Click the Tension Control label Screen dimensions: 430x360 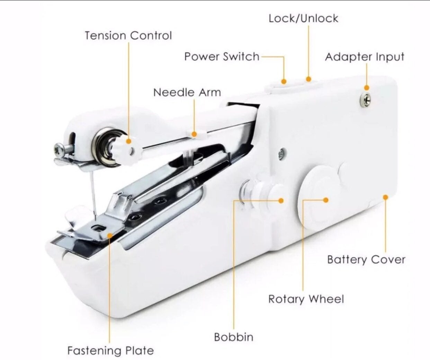pyautogui.click(x=128, y=35)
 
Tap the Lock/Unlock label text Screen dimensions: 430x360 pyautogui.click(x=303, y=18)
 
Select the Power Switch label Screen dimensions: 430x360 pyautogui.click(x=222, y=56)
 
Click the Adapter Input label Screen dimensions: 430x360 pyautogui.click(x=365, y=57)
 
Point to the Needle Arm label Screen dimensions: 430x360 pyautogui.click(x=187, y=92)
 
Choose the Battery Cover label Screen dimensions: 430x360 pyautogui.click(x=366, y=260)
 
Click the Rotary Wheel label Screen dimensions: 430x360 pyautogui.click(x=306, y=299)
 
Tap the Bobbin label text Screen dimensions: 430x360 pyautogui.click(x=234, y=337)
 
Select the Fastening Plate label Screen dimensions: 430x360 pyautogui.click(x=110, y=351)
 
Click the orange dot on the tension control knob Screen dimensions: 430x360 pyautogui.click(x=129, y=141)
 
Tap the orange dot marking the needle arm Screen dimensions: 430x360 pyautogui.click(x=194, y=134)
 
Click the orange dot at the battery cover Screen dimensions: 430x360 pyautogui.click(x=386, y=197)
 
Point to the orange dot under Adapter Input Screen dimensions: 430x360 pyautogui.click(x=367, y=88)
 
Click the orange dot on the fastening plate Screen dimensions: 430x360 pyautogui.click(x=110, y=235)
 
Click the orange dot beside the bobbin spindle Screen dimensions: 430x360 pyautogui.click(x=281, y=201)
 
